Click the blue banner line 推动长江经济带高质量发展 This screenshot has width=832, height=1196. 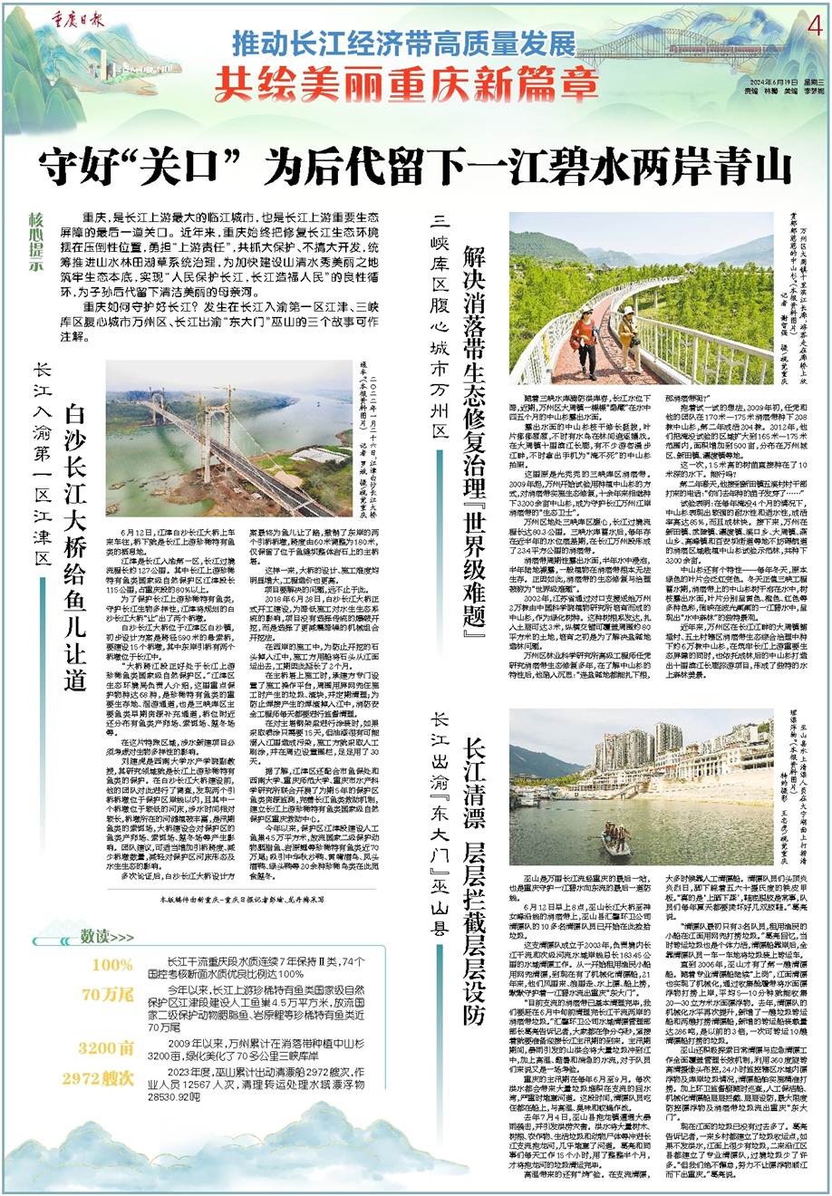pos(403,43)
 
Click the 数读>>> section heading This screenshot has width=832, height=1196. pos(107,935)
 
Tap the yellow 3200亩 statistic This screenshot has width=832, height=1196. pos(106,1048)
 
